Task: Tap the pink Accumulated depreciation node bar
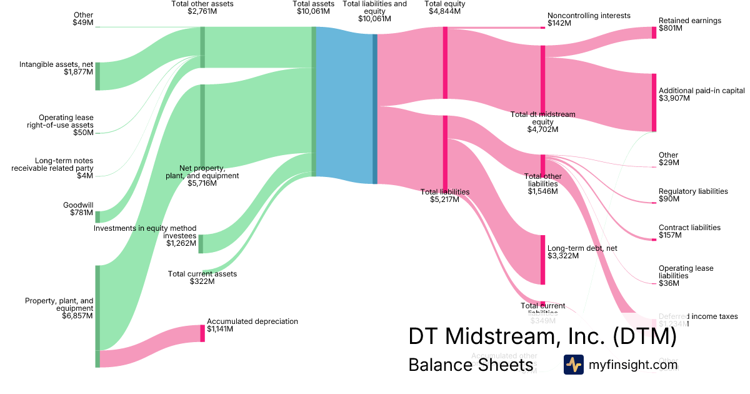point(202,333)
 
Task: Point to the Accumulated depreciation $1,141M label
point(252,325)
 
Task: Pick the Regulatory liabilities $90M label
point(693,195)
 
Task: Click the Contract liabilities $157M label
point(689,231)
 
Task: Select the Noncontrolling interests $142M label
point(589,19)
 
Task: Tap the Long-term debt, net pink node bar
point(542,260)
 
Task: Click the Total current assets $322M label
point(202,278)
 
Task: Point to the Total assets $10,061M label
point(313,8)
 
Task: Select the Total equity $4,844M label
point(446,8)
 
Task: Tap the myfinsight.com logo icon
point(573,365)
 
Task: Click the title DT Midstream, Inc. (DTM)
point(542,336)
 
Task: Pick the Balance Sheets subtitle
point(471,365)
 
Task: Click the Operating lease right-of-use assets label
point(66,124)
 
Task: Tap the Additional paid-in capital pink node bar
point(654,102)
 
